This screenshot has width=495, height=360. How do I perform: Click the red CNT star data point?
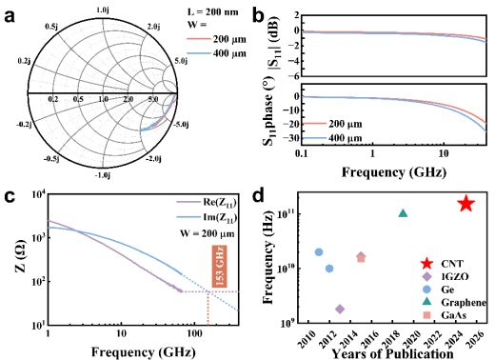[x=465, y=204]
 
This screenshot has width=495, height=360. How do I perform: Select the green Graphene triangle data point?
[x=403, y=213]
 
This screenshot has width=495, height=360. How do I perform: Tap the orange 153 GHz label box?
[x=219, y=267]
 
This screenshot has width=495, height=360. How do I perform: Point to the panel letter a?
[x=10, y=16]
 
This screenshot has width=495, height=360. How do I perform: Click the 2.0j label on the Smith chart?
[x=153, y=27]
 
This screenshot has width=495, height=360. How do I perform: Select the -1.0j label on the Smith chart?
[x=103, y=175]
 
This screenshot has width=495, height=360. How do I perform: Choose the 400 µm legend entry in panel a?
[x=216, y=53]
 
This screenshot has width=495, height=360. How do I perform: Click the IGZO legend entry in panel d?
[x=444, y=276]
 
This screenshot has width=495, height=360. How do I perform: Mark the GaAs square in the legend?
[x=427, y=315]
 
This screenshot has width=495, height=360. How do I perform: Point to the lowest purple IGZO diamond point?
[x=340, y=309]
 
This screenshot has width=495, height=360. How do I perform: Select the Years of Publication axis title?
[x=393, y=353]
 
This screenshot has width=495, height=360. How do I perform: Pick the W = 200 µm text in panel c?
[x=208, y=234]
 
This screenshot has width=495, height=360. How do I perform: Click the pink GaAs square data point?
[x=361, y=259]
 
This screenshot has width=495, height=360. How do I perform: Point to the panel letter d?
[x=258, y=196]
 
